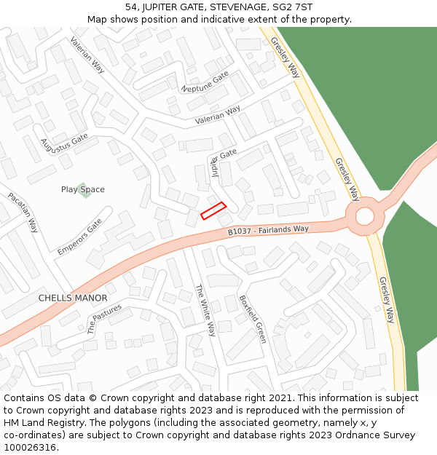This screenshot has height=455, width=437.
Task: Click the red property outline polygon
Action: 213,210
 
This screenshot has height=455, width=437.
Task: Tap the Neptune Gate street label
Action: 205,82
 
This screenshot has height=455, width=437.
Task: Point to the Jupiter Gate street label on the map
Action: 219,162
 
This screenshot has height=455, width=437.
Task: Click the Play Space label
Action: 82,189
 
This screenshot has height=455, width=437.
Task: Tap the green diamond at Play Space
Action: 83,189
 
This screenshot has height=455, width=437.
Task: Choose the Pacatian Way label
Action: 23,212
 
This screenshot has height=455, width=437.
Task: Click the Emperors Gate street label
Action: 79,237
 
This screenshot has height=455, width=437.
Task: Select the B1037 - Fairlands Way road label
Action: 268,230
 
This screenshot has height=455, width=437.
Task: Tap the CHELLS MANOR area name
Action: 72,298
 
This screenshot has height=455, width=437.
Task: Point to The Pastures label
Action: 104,319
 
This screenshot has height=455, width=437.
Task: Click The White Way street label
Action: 206,309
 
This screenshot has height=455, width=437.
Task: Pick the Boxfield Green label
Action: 252,318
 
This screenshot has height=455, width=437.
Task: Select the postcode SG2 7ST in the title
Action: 291,7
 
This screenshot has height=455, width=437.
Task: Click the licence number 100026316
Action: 30,448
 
